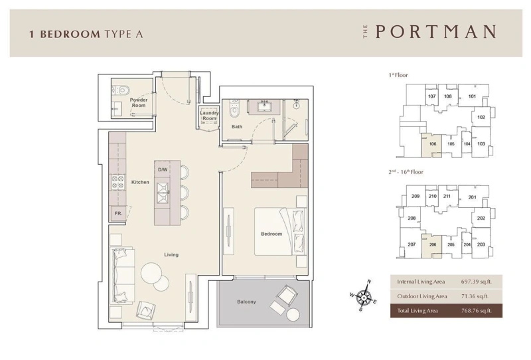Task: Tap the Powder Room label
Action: click(138, 102)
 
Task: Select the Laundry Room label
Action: click(210, 116)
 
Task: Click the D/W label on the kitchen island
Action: click(163, 169)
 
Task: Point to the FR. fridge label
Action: click(117, 213)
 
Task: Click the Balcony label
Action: click(246, 302)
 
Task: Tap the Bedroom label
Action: click(271, 234)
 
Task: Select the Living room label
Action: click(171, 254)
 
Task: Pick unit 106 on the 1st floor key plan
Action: click(433, 144)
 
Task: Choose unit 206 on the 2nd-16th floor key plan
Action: click(433, 244)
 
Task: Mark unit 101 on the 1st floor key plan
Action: click(472, 97)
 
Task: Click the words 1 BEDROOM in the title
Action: click(64, 33)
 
